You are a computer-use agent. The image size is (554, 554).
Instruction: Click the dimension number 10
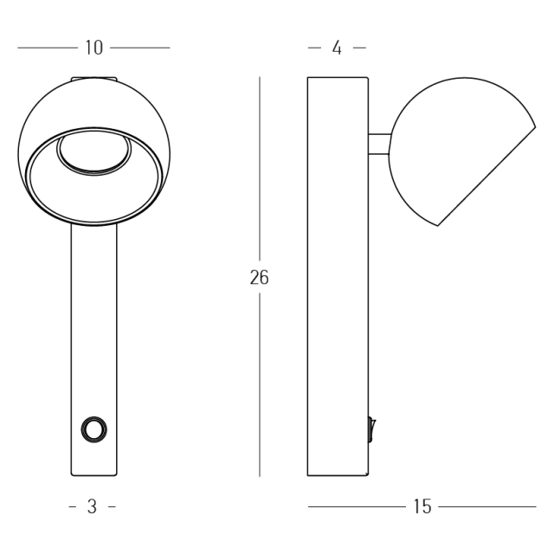point(94,48)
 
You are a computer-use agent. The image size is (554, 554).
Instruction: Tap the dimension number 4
point(337,48)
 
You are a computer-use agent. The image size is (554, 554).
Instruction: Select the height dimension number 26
point(260,277)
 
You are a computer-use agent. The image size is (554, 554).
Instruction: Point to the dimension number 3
point(92,506)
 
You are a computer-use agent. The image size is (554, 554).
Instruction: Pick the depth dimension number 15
point(422,506)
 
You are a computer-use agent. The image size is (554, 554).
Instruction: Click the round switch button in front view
point(94,429)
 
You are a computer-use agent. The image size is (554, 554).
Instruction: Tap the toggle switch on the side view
point(371,429)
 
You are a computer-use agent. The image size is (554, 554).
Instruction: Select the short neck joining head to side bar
point(379,144)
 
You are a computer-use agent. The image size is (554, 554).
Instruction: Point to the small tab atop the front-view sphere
point(94,79)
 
